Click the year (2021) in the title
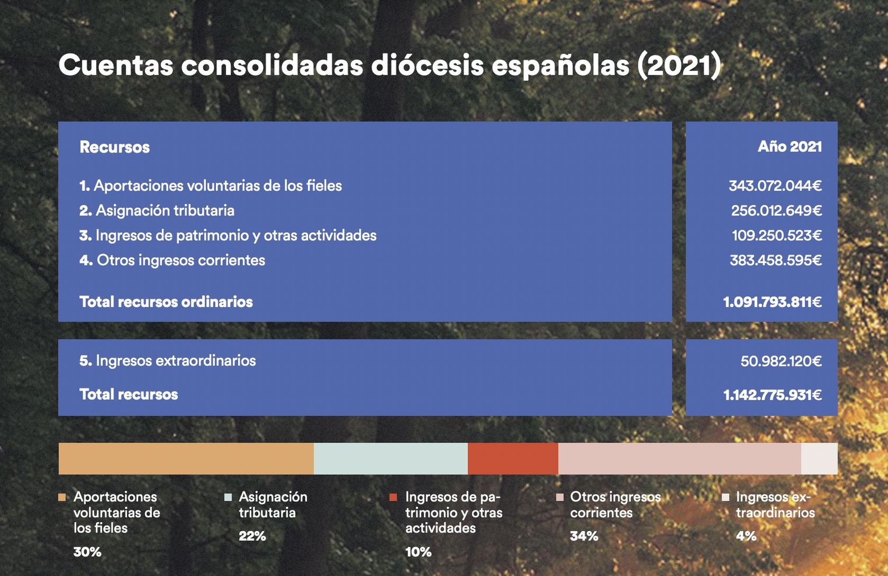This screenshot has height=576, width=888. tap(679, 65)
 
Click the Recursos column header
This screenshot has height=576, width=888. tap(114, 147)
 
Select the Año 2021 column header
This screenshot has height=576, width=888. tap(789, 146)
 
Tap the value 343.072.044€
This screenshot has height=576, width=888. tap(775, 186)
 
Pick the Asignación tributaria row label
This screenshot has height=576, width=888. tap(157, 211)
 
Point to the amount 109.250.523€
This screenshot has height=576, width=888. tap(776, 236)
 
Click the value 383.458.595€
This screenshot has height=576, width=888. tap(775, 261)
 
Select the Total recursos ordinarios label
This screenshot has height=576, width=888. tap(166, 302)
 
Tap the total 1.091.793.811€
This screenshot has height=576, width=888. tap(772, 302)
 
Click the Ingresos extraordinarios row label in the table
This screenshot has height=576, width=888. tap(168, 361)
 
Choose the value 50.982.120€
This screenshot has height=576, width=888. tap(781, 361)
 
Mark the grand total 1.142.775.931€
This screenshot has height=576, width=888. tap(772, 395)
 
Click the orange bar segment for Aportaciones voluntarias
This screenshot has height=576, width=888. tap(186, 458)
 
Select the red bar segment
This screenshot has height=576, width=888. tap(513, 458)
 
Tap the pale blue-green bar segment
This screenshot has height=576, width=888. tap(391, 458)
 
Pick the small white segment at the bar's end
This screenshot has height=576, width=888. tap(819, 458)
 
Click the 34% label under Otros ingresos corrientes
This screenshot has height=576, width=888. tap(584, 536)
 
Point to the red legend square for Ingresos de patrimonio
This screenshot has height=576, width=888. tap(393, 497)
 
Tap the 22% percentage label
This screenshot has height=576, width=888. tap(252, 536)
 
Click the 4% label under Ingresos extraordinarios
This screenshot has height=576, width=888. tap(746, 536)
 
